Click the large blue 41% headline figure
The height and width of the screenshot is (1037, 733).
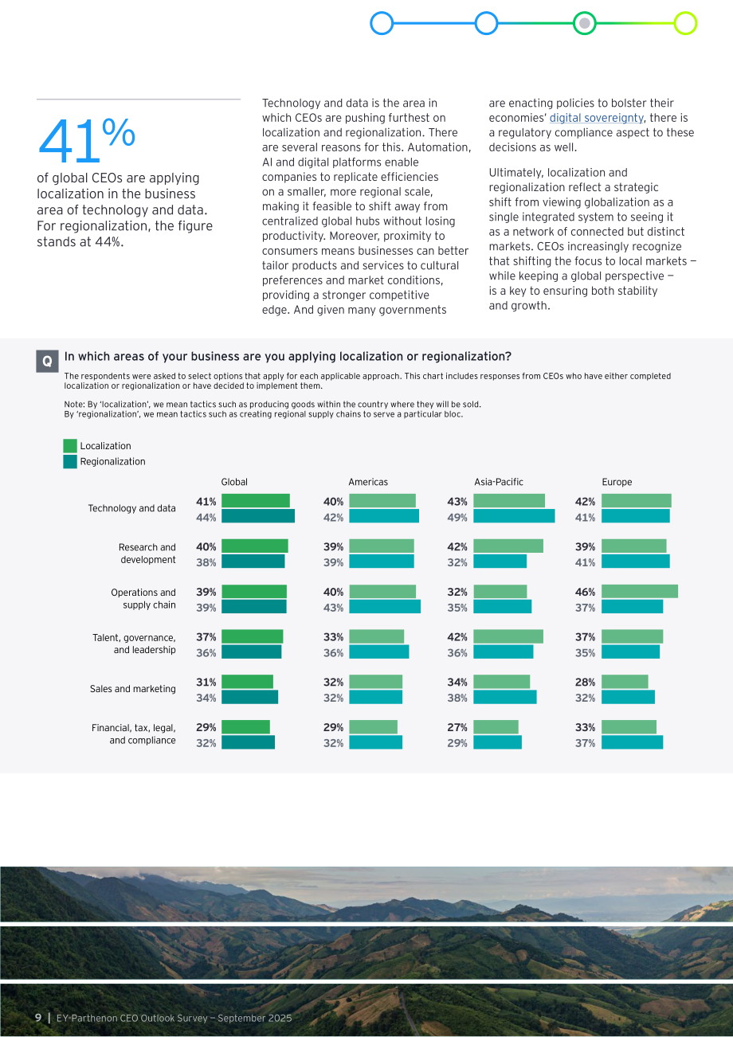coord(87,140)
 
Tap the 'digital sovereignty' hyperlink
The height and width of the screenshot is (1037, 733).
coord(596,118)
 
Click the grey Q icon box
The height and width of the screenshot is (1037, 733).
coord(47,361)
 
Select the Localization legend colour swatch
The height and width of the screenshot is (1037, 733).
coord(70,446)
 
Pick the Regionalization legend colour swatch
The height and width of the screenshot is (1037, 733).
coord(70,462)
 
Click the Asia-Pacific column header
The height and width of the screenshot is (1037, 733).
coord(498,482)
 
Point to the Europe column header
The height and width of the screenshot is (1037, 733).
coord(617,482)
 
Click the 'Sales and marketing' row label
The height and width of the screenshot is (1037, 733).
coord(132,689)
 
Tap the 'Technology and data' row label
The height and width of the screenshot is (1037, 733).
coord(131,508)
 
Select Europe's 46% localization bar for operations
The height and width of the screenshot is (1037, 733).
coord(640,591)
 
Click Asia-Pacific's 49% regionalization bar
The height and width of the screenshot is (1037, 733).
coord(514,516)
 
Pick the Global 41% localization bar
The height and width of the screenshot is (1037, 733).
coord(256,500)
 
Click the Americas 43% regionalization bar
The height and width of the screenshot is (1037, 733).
coord(385,606)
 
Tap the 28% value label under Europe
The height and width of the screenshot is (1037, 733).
coord(585,683)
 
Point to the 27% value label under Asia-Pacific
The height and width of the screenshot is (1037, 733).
coord(457,728)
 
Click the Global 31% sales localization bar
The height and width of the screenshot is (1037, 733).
coord(247,682)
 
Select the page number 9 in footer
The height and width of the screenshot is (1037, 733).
coord(38,1018)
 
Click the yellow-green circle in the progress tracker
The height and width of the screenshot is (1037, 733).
coord(685,23)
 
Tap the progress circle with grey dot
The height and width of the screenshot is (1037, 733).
coord(584,23)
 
